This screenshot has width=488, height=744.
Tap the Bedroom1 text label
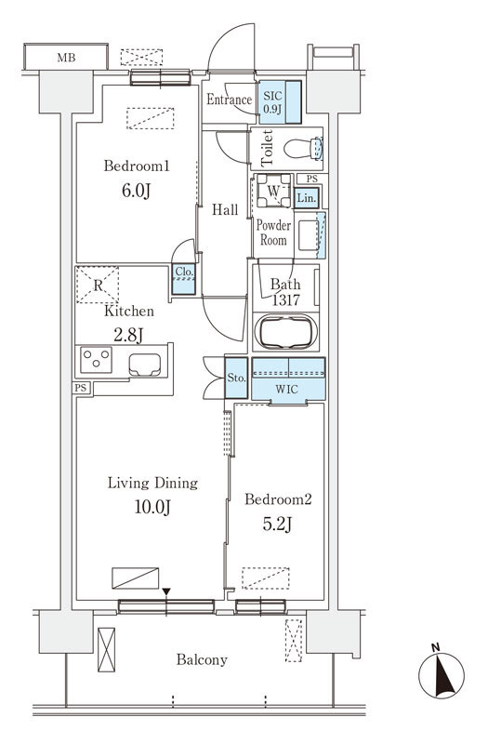[136, 166]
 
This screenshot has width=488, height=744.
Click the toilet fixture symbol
[301, 148]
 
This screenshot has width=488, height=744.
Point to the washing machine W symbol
[273, 192]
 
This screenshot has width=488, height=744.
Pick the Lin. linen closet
[308, 197]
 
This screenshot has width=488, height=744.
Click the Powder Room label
[273, 232]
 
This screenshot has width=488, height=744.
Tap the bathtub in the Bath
[286, 332]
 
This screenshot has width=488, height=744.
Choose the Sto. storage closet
[236, 379]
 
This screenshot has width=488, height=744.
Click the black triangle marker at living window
[166, 591]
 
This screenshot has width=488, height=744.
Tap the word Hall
[225, 210]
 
